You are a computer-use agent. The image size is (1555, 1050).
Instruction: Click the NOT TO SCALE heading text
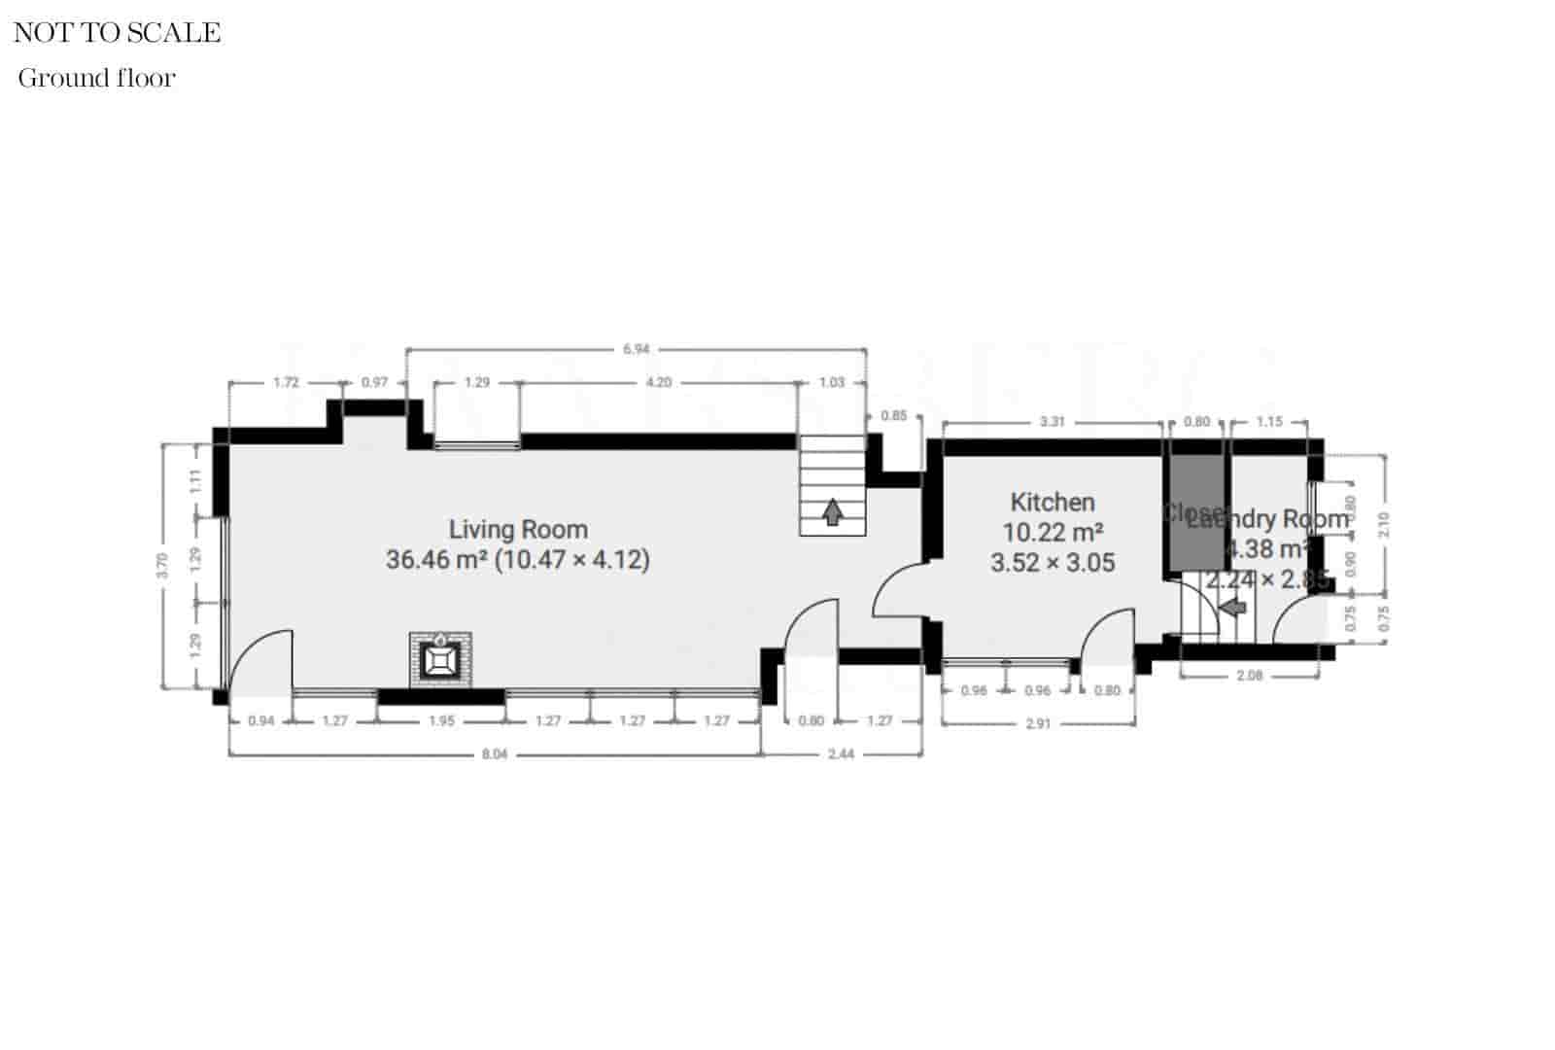coord(117,33)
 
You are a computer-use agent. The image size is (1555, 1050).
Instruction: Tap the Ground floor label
coord(96,79)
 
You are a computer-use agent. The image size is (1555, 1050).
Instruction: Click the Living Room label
coord(517,530)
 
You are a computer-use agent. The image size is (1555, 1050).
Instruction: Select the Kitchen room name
coord(1052,503)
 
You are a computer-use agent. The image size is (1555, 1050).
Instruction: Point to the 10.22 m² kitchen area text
coord(1052,533)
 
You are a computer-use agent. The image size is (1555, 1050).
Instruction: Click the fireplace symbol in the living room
coord(440,660)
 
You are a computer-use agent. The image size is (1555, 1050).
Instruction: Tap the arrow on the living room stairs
coord(832,511)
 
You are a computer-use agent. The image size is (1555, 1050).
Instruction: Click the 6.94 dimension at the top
coord(636,348)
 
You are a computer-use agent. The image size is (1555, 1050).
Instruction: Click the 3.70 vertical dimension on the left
coord(163,565)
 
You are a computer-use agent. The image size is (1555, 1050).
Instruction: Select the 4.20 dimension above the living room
coord(658,382)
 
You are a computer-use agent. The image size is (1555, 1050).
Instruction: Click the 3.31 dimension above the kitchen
coord(1053,422)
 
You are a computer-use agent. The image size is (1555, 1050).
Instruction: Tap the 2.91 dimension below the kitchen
coord(1038,724)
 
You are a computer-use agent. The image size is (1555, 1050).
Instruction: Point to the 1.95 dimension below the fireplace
coord(441,721)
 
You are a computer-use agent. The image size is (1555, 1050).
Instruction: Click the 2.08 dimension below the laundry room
coord(1249,675)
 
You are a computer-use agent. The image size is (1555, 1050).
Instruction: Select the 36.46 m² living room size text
coord(517,560)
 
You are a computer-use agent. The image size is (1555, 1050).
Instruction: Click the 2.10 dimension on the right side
coord(1384,524)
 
